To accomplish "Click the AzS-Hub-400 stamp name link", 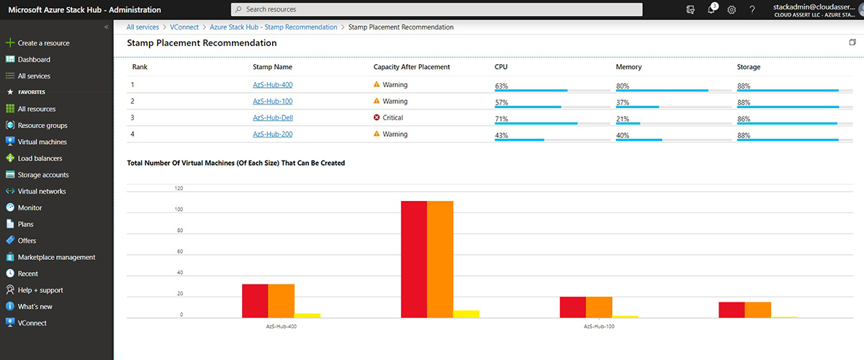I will pyautogui.click(x=272, y=85).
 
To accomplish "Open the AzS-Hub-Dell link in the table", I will pyautogui.click(x=272, y=117).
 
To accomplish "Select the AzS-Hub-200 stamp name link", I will pyautogui.click(x=272, y=134).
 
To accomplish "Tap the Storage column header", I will pyautogui.click(x=748, y=67).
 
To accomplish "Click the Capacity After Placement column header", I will pyautogui.click(x=411, y=67).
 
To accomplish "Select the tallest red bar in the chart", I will pyautogui.click(x=414, y=259).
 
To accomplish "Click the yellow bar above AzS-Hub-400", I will pyautogui.click(x=307, y=315).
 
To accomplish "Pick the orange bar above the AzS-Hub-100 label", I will pyautogui.click(x=599, y=307).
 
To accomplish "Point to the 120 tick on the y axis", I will pyautogui.click(x=179, y=189).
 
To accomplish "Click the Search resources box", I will pyautogui.click(x=436, y=9).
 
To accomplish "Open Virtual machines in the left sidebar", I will pyautogui.click(x=42, y=142).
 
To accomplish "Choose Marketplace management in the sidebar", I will pyautogui.click(x=56, y=257).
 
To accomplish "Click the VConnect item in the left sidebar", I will pyautogui.click(x=32, y=323).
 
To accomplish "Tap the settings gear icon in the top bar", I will pyautogui.click(x=732, y=9).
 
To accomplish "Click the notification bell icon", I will pyautogui.click(x=711, y=9).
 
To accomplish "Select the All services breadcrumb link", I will pyautogui.click(x=143, y=27).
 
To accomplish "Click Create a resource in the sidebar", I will pyautogui.click(x=43, y=43).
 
